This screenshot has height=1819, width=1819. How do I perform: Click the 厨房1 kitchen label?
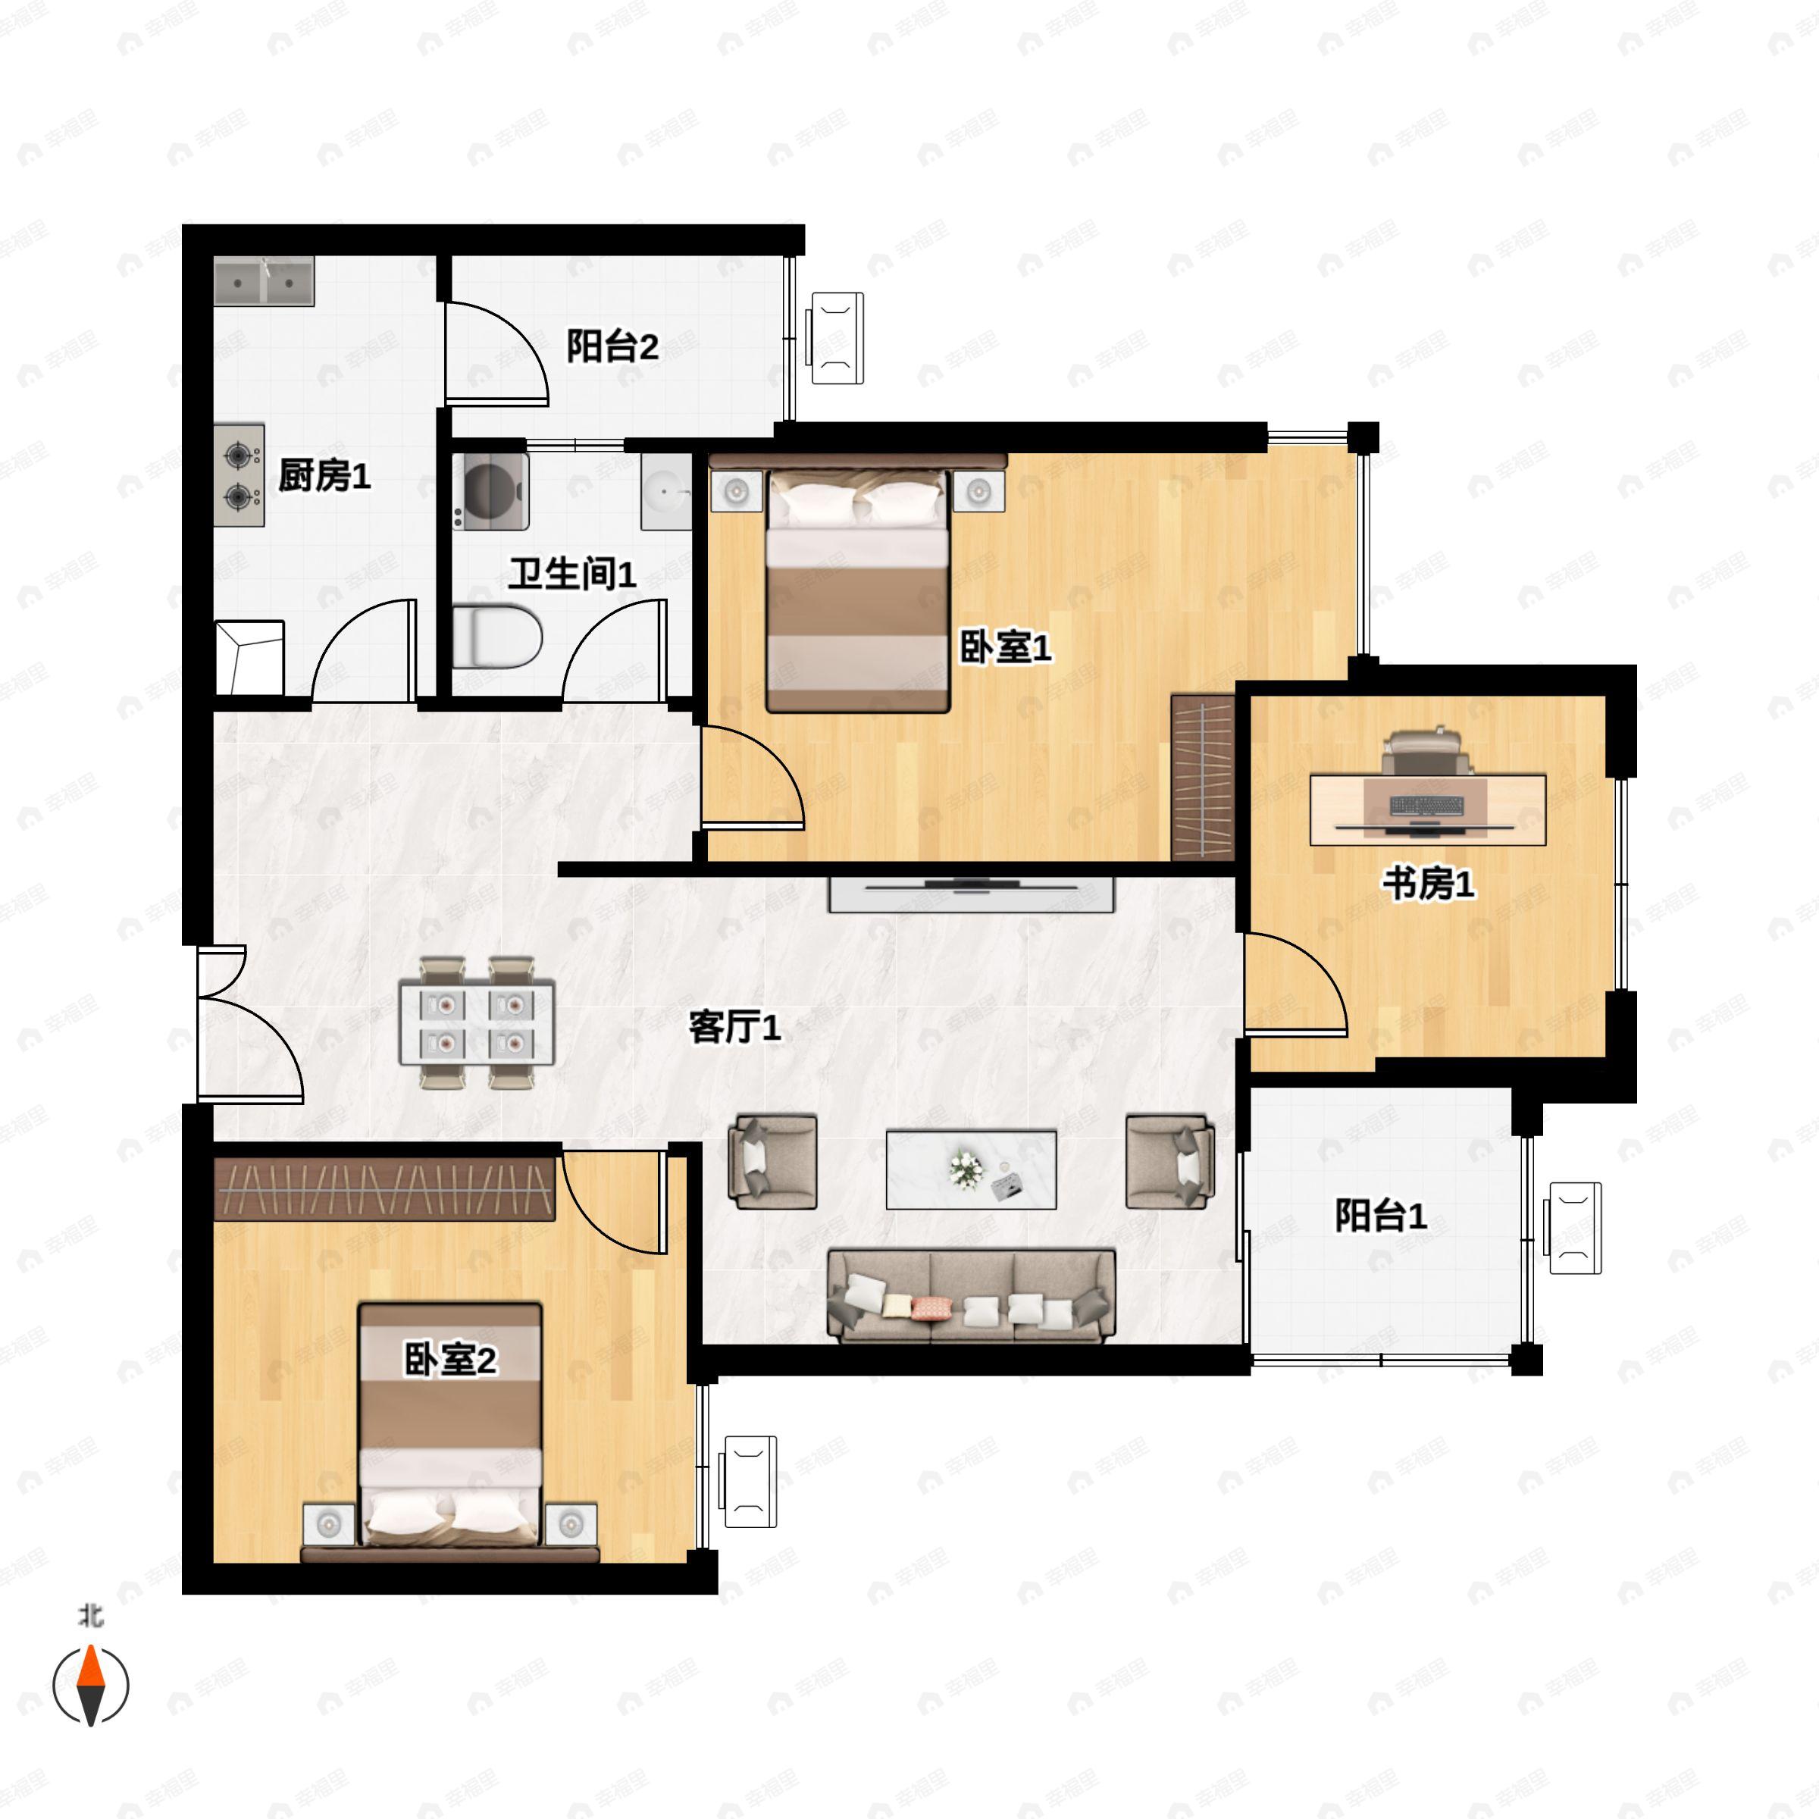point(325,475)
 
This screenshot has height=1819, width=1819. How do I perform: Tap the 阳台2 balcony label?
point(612,346)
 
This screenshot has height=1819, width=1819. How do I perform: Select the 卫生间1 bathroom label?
point(572,574)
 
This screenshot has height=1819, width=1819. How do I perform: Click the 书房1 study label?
point(1428,884)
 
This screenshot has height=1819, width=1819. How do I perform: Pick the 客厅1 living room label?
point(735,1027)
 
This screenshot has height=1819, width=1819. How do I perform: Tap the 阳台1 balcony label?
point(1381,1216)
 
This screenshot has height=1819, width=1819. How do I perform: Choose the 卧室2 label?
point(450,1360)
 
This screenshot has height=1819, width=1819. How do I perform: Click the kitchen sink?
point(264,280)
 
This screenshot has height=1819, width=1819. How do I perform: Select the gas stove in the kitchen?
point(240,474)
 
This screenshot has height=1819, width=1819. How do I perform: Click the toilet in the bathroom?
point(497,637)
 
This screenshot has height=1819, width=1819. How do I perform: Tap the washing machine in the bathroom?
point(490,490)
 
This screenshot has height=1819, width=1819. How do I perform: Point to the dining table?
point(477,1023)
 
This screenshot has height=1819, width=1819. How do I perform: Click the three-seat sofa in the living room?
point(972,1295)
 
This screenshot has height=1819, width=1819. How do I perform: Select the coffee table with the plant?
point(972,1170)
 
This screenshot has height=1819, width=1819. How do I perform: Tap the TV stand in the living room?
point(972,894)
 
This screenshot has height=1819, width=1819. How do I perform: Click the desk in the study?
point(1428,809)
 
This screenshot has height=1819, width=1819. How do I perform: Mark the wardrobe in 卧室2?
point(384,1188)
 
